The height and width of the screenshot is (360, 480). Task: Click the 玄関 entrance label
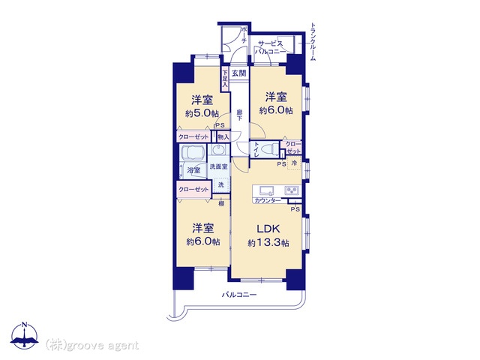238,73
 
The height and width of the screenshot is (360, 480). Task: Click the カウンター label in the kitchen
268,200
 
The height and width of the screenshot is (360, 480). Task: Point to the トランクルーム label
313,41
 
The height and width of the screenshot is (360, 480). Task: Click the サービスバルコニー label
270,47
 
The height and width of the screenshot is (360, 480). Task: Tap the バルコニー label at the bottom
239,295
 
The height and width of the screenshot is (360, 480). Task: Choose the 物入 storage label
223,137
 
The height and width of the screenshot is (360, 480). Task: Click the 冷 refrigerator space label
293,163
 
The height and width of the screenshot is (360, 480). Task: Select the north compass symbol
25,337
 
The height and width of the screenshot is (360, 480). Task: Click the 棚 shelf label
222,202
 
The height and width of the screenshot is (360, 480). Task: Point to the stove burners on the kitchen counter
292,190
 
